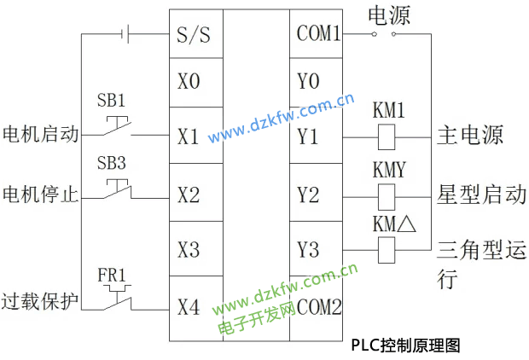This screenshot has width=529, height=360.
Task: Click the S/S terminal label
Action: pyautogui.click(x=194, y=35)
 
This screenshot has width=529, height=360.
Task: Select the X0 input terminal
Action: pyautogui.click(x=189, y=82)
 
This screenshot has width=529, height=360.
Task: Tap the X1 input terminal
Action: pyautogui.click(x=189, y=136)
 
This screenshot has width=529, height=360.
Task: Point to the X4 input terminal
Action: pyautogui.click(x=189, y=305)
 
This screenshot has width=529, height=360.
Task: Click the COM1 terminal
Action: pyautogui.click(x=319, y=35)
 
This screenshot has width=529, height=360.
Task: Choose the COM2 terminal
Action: pyautogui.click(x=319, y=306)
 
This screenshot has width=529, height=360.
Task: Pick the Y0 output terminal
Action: pyautogui.click(x=309, y=82)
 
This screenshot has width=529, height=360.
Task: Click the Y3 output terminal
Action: pyautogui.click(x=309, y=249)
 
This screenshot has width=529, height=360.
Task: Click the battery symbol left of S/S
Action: pyautogui.click(x=126, y=35)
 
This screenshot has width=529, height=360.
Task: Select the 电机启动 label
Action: pyautogui.click(x=40, y=135)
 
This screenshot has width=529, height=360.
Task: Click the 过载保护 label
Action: pyautogui.click(x=40, y=302)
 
